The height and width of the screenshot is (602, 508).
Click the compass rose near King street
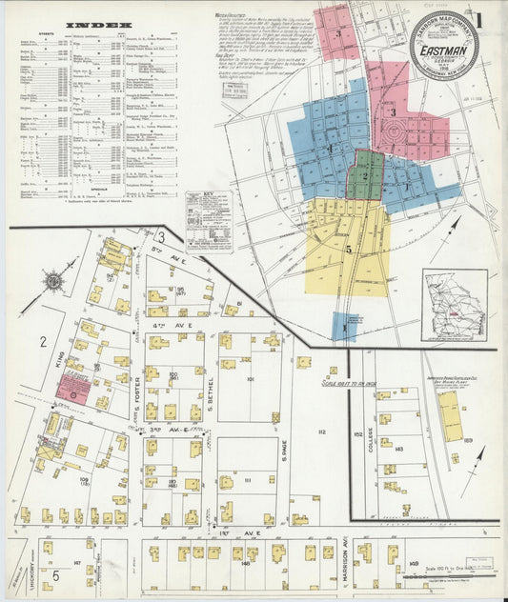tap(56, 280)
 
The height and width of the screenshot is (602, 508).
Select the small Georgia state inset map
tap(455, 305)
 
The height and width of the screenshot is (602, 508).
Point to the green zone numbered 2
tap(365, 175)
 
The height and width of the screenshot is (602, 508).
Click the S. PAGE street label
tap(284, 467)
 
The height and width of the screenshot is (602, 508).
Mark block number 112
tap(321, 432)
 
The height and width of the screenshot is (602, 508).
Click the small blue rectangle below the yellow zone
tap(343, 326)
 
